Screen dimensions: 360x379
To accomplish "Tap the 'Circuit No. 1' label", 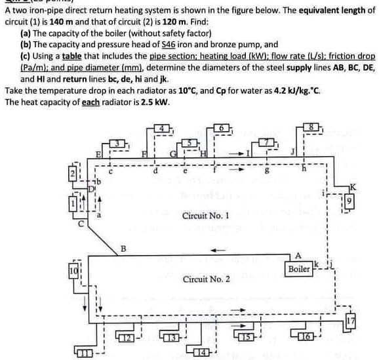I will [205, 216].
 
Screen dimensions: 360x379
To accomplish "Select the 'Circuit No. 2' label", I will [207, 279].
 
